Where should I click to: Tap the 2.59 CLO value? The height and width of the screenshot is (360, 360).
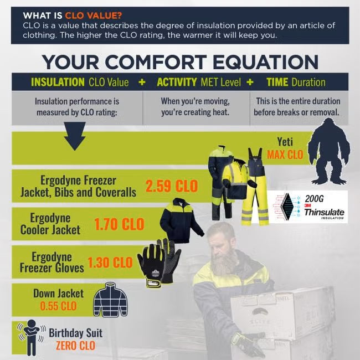[x=171, y=186]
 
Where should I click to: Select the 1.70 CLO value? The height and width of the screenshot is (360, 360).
[x=119, y=224]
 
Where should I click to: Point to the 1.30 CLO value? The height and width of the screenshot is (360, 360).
[x=110, y=262]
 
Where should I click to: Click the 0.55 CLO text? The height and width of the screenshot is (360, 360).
[x=58, y=305]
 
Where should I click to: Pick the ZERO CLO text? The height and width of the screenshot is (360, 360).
[x=75, y=346]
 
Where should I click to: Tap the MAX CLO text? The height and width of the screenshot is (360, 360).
[x=285, y=155]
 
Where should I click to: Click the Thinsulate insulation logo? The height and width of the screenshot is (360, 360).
[x=307, y=207]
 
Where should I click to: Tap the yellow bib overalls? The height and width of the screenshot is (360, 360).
[x=255, y=188]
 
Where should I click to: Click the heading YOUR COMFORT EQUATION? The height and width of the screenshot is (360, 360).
[x=180, y=61]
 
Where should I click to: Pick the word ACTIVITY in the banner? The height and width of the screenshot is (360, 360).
[x=177, y=82]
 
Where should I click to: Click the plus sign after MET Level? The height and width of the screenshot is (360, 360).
[x=250, y=82]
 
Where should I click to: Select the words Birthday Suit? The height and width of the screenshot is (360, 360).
[x=75, y=333]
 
